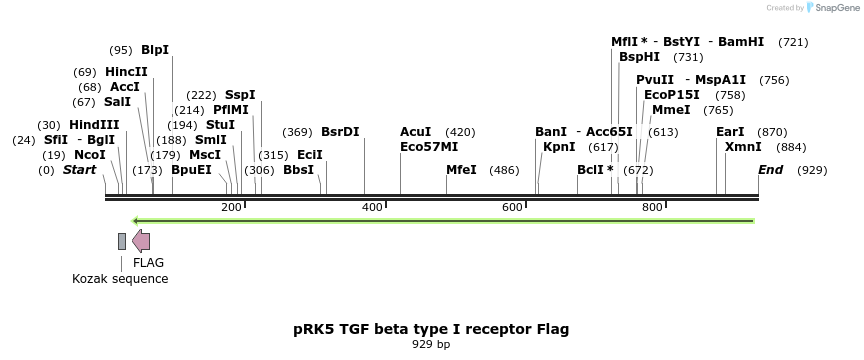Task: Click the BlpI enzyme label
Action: (155, 49)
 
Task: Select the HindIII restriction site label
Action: (94, 125)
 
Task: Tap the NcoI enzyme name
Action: (89, 155)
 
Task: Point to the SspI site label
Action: (240, 95)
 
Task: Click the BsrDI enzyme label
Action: (340, 132)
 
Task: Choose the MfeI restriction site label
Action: (461, 170)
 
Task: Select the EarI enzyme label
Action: (730, 132)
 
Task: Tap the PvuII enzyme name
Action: (655, 80)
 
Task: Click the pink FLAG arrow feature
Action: (141, 240)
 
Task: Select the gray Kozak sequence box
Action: (122, 240)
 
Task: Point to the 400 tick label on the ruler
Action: (372, 207)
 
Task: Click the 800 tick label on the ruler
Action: (653, 207)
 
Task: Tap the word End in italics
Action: (770, 170)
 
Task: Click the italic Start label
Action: (80, 170)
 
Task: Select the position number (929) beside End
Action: (812, 170)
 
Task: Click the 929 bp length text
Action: (431, 344)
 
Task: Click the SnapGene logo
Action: (832, 8)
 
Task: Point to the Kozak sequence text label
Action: (120, 279)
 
